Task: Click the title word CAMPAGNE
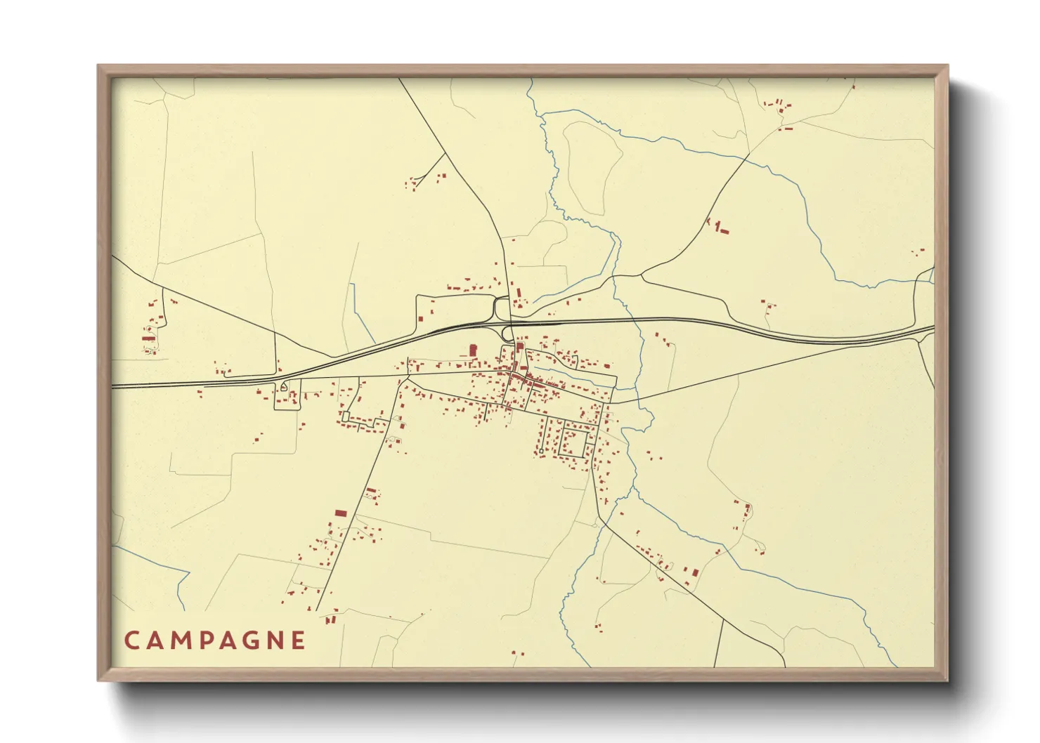pos(215,640)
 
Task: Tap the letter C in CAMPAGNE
pos(131,640)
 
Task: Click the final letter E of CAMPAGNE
pos(299,640)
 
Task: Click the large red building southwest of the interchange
pos(472,350)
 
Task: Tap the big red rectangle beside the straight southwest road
pos(341,513)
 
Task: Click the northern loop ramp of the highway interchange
pos(500,307)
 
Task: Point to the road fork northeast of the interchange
pos(641,275)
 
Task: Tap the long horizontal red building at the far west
pos(148,338)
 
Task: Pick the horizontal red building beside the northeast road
pos(724,232)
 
